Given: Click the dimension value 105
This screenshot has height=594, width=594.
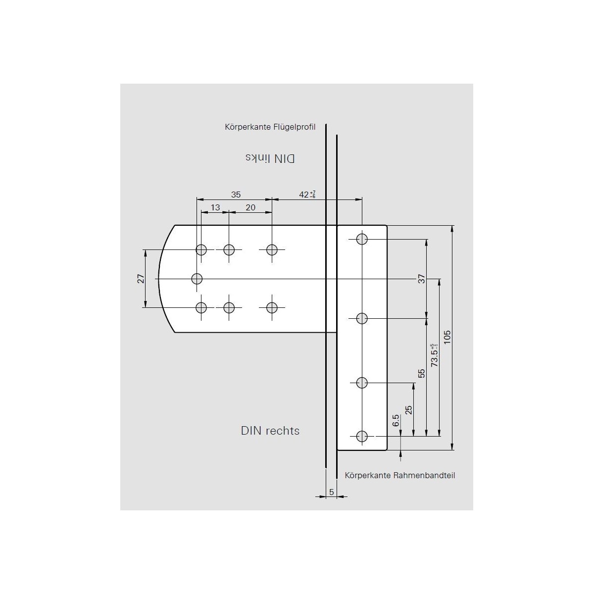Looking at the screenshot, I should click(x=447, y=338).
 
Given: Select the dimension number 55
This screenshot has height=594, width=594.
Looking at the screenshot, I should click(x=422, y=373).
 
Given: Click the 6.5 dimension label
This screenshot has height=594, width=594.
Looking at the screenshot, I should click(x=396, y=421).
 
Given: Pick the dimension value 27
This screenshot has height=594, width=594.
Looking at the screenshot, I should click(x=141, y=279).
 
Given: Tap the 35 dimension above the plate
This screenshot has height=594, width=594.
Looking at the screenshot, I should click(x=236, y=194).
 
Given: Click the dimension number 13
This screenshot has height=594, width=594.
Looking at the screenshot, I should click(x=215, y=207).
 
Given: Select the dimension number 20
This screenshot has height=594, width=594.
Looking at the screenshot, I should click(x=250, y=207).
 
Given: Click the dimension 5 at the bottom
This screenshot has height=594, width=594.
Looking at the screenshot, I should click(x=331, y=492).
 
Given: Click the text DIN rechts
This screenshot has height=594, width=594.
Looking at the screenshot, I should click(x=270, y=431).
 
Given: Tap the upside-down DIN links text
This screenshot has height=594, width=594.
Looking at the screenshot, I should click(x=270, y=158).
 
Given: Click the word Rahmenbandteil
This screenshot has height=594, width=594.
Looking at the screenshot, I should click(x=424, y=475).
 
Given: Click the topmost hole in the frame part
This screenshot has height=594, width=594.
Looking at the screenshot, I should click(x=362, y=239).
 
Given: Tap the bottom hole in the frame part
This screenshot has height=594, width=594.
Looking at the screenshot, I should click(x=362, y=436).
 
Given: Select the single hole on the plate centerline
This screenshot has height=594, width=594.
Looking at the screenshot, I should click(x=197, y=279).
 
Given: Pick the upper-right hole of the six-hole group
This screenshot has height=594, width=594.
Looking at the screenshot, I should click(x=272, y=249).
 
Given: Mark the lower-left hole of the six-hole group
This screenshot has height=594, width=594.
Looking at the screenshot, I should click(x=201, y=308).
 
